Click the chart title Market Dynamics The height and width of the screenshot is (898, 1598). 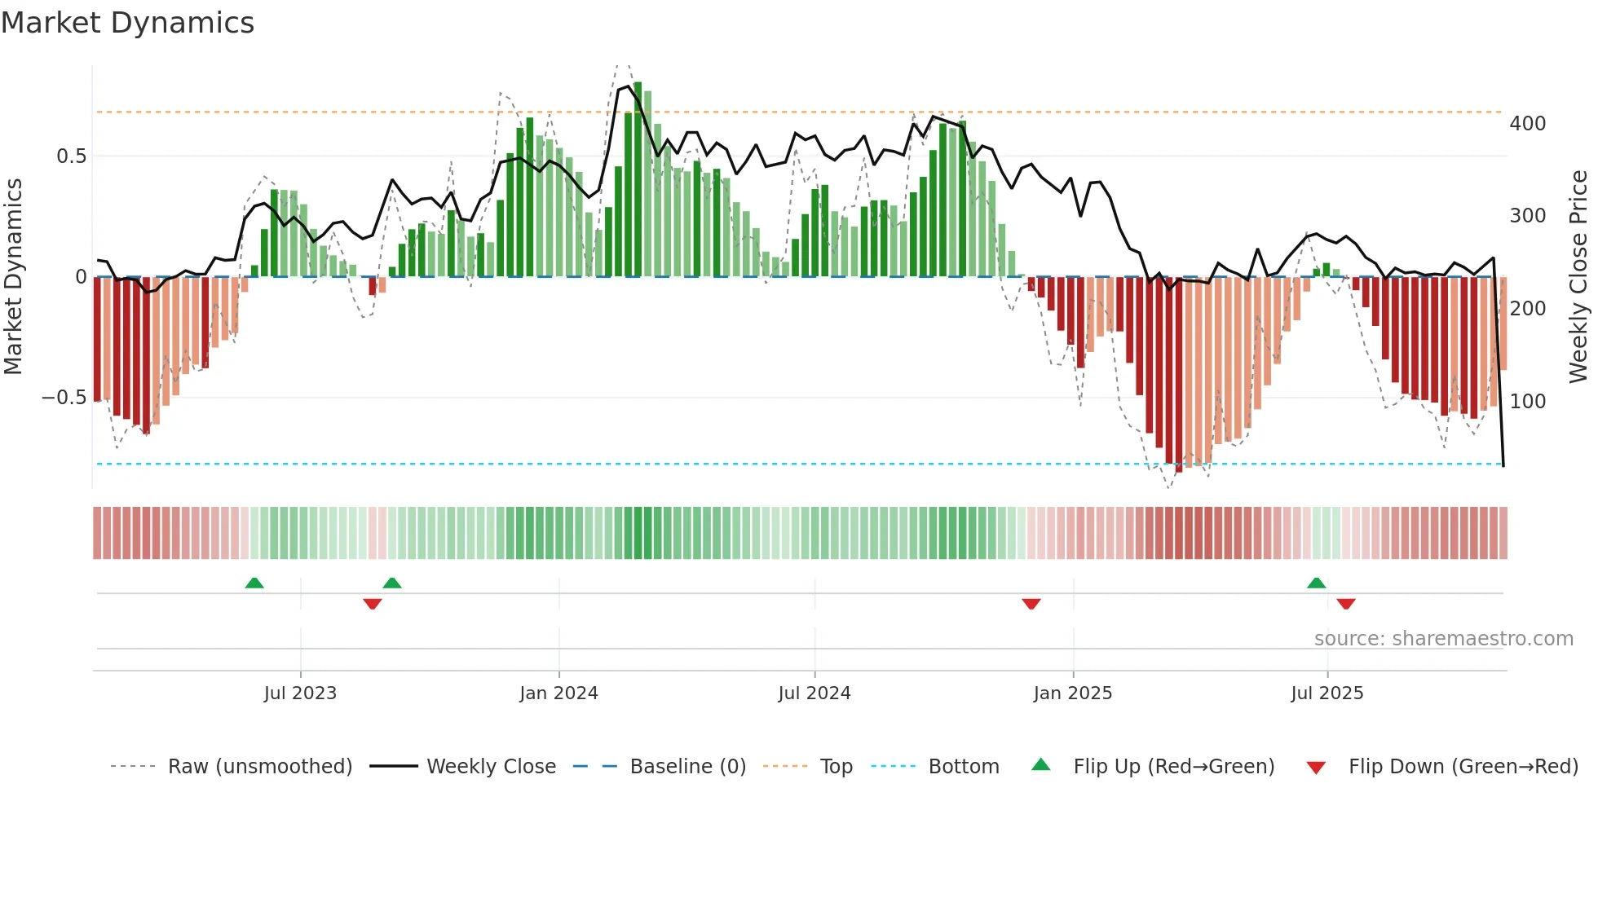(x=128, y=23)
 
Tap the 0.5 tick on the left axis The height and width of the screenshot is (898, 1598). (x=71, y=156)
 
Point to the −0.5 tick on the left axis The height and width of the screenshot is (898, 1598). (x=64, y=398)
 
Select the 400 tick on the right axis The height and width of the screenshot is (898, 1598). (x=1527, y=124)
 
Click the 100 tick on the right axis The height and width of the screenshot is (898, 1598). (x=1527, y=402)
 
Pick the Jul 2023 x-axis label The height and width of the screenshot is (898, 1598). (x=300, y=693)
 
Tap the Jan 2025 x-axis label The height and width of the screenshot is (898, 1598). (x=1072, y=693)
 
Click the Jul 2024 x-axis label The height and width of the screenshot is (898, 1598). (x=814, y=693)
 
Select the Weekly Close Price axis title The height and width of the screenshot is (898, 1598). (x=1578, y=277)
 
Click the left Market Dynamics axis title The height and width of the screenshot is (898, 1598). (x=13, y=277)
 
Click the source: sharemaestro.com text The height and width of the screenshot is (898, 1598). (x=1443, y=639)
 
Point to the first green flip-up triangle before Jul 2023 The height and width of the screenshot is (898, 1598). (x=254, y=583)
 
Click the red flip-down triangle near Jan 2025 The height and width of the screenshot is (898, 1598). (x=1031, y=604)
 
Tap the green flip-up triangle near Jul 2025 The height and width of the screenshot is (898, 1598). (x=1316, y=583)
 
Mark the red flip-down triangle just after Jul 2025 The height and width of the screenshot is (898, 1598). (x=1346, y=604)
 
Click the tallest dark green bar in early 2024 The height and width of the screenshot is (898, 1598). (x=638, y=179)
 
